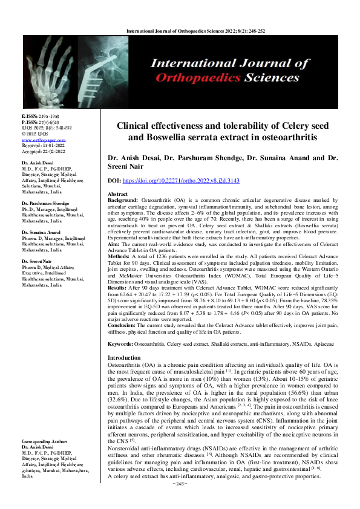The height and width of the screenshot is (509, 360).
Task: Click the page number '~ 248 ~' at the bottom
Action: pos(180,501)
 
